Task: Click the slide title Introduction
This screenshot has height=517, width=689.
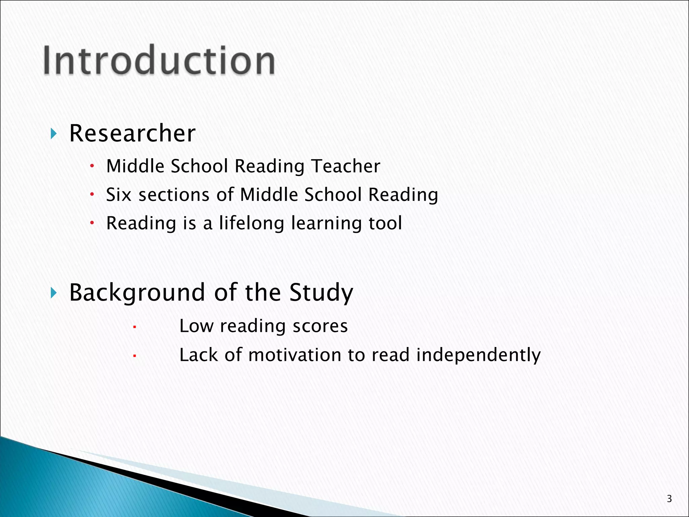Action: pos(159,61)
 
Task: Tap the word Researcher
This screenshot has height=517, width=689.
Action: pos(132,133)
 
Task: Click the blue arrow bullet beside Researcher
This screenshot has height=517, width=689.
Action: pos(53,134)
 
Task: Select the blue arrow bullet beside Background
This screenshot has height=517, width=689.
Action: pos(53,293)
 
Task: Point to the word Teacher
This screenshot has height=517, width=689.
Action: pos(346,166)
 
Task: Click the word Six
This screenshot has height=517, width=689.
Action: pos(118,195)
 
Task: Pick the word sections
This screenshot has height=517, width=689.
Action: pos(174,195)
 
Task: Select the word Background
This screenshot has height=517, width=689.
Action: pos(137,292)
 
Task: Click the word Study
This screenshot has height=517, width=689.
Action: pos(321,292)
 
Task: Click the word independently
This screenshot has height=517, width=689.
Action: pos(478,355)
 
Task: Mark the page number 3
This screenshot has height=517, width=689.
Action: pos(669,498)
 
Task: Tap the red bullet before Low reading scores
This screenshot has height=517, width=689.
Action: pos(134,326)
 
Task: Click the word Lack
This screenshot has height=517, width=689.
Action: pos(198,355)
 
